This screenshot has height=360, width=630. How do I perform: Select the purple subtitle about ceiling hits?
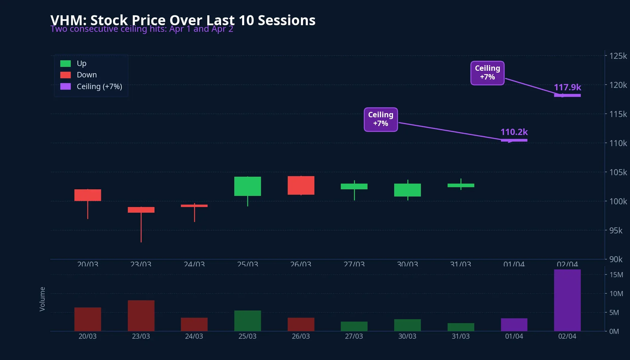142,29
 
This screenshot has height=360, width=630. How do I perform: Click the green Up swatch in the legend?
65,64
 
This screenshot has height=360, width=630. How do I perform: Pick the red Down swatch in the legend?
65,75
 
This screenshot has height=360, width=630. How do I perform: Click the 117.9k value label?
567,87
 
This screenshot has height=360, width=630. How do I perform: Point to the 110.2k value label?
514,132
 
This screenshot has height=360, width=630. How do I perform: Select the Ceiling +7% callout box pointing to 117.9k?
487,73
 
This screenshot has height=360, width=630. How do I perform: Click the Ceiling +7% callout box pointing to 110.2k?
381,119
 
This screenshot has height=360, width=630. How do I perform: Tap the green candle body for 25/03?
247,186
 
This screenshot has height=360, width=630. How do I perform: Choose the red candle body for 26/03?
301,185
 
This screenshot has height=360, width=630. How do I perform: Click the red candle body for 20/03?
88,195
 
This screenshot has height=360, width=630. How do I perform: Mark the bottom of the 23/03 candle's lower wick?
141,241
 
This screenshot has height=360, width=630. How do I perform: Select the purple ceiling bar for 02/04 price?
567,95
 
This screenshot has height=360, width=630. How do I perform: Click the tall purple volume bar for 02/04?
567,300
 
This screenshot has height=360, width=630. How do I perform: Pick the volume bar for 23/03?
141,316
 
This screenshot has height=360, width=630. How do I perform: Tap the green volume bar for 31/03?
461,327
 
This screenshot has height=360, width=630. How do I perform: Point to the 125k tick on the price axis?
618,56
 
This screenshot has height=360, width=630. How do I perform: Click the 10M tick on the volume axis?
616,294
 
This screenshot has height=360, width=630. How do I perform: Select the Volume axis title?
42,299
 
